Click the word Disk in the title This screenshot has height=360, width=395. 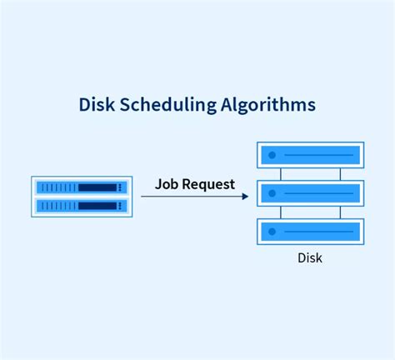[97, 104]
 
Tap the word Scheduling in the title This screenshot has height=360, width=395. [167, 106]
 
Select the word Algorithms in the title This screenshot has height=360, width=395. [268, 106]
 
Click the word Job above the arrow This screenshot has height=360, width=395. [167, 184]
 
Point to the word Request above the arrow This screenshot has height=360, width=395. [208, 184]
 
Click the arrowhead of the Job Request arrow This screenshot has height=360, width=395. [245, 197]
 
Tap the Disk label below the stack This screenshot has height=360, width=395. [310, 258]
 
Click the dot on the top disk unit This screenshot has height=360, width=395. [272, 155]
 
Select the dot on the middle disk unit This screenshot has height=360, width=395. [272, 193]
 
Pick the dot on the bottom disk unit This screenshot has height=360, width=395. [272, 232]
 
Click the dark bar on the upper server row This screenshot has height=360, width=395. [97, 187]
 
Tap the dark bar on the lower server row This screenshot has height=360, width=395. [97, 206]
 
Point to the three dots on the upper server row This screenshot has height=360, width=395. [120, 187]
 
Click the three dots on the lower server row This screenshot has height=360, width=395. [120, 206]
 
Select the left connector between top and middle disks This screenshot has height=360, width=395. [281, 174]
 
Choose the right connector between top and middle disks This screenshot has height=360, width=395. [340, 174]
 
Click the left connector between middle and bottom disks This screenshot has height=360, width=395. [281, 212]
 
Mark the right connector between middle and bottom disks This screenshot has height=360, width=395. [340, 212]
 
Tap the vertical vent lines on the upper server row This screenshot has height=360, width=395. [58, 187]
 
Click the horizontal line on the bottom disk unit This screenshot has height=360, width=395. [319, 232]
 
